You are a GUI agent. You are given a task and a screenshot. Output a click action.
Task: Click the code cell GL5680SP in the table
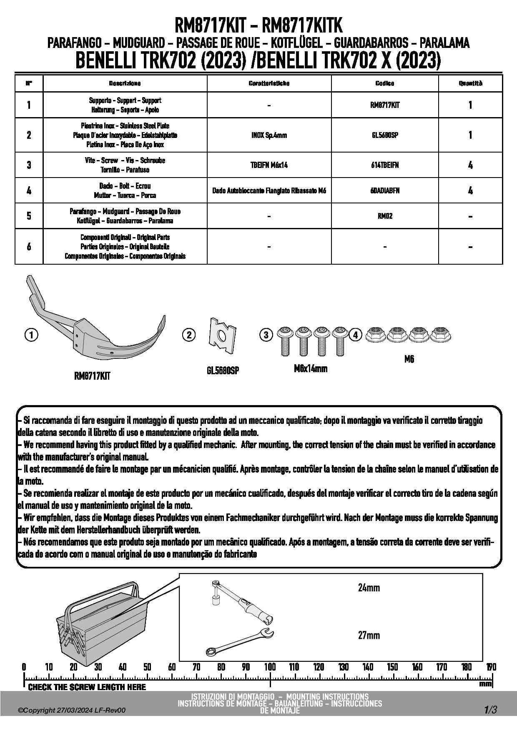tap(385, 135)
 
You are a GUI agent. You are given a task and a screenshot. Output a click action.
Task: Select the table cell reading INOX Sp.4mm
tap(269, 135)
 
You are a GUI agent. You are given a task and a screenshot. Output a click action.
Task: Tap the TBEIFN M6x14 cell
tap(269, 165)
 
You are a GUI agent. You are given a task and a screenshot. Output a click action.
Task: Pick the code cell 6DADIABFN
tap(385, 190)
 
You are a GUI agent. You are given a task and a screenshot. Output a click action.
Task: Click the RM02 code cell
tap(385, 216)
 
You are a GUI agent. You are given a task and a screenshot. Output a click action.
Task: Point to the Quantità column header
tap(470, 83)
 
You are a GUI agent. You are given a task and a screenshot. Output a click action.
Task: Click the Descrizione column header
tap(125, 83)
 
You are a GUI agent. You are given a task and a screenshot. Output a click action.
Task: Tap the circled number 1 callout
tap(31, 335)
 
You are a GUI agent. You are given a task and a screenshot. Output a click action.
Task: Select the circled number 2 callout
tap(189, 335)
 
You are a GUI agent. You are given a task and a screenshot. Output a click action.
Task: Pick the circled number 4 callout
tap(355, 335)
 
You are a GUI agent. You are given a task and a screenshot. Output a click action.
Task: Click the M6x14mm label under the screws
tap(311, 368)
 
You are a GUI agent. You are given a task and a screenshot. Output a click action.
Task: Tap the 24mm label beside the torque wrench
tap(369, 588)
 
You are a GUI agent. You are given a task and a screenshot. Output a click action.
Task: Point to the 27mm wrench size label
tap(369, 635)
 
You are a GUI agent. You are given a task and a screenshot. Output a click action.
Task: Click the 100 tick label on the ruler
tap(270, 667)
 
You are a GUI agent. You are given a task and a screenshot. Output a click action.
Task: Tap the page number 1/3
tap(490, 710)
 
